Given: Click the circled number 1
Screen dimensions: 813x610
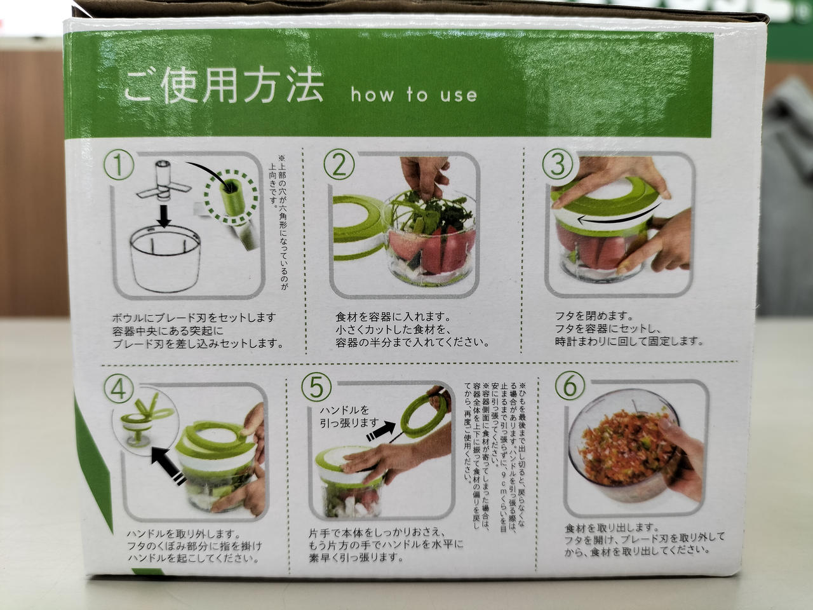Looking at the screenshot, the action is click(119, 166).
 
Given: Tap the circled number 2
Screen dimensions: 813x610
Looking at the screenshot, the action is click(339, 165).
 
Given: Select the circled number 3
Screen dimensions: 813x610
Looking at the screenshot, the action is click(558, 165).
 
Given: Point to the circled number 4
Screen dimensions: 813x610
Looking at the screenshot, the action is click(119, 390).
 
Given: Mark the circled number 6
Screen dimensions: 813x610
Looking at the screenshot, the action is click(570, 386).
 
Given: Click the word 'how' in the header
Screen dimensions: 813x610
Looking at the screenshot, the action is click(372, 95).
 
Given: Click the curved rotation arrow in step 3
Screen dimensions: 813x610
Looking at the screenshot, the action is click(615, 219).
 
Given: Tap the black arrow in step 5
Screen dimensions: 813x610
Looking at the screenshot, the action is click(380, 430).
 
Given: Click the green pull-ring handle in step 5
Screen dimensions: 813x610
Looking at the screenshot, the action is click(424, 416).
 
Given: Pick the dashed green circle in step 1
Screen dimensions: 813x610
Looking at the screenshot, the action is click(231, 198).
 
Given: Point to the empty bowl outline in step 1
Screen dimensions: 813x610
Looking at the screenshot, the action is click(165, 259).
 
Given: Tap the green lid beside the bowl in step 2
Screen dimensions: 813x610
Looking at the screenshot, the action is click(358, 227).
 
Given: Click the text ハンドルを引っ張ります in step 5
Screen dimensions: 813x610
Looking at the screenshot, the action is click(349, 416).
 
